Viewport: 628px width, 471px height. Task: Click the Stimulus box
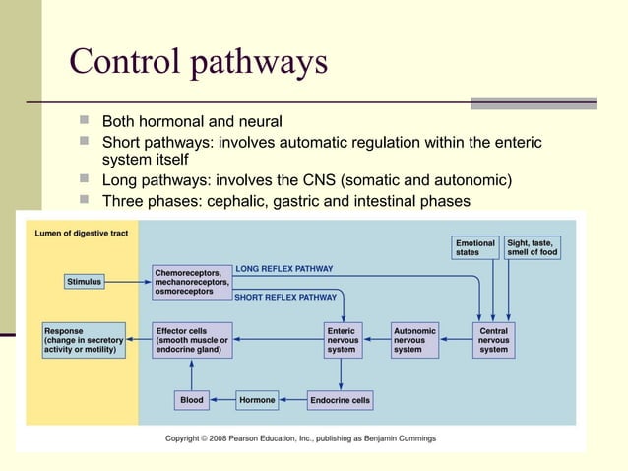coord(84,282)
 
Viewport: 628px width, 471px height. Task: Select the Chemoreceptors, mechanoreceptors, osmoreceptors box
coord(192,281)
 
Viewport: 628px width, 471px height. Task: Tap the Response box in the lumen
coord(85,340)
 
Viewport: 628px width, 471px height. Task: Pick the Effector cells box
coord(192,340)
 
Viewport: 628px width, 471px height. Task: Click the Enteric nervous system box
coord(342,340)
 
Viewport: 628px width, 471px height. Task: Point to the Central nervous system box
coord(493,340)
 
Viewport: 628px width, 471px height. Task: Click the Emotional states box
coord(475,247)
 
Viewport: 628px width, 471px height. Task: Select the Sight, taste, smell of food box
coord(533,247)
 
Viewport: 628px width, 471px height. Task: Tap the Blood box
coord(191,400)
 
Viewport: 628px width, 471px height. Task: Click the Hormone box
coord(258,400)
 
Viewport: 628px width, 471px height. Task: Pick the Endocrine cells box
coord(341,400)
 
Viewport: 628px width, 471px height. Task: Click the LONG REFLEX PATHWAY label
coord(283,268)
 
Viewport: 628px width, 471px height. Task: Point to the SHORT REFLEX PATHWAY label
coord(284,296)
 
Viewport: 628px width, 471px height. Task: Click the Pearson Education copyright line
coord(300,438)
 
